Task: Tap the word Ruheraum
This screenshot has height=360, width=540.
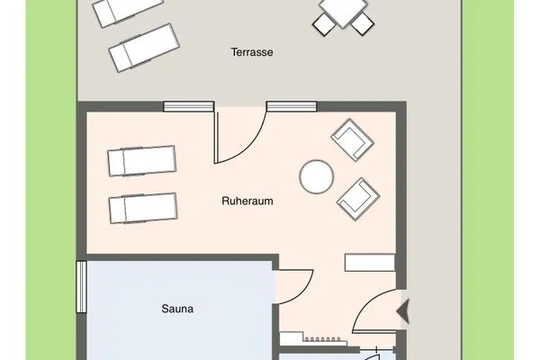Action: click(247, 202)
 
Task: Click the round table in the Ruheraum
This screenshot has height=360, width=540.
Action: click(316, 175)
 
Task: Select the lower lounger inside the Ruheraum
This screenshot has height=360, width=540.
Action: click(141, 209)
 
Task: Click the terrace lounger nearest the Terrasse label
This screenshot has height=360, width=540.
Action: click(143, 48)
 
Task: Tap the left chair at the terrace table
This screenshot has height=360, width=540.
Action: click(325, 22)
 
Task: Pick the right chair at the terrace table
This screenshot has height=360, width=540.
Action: click(362, 23)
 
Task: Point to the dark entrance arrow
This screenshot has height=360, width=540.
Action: click(403, 310)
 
